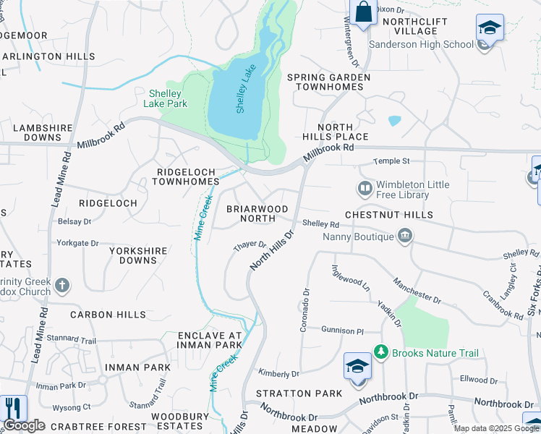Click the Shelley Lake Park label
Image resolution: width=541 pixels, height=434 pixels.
point(168,98)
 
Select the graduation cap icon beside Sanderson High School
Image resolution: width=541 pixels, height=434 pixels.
point(490,29)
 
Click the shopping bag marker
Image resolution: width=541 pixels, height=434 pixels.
point(362,12)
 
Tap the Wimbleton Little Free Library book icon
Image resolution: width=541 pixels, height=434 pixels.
point(366,190)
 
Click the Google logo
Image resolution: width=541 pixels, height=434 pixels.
point(24,425)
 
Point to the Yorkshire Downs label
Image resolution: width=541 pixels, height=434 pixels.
point(138,255)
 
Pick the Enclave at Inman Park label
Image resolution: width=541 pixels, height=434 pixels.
point(210,341)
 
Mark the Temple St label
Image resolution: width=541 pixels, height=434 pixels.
point(391,161)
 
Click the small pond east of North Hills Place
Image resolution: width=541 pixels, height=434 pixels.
point(394,121)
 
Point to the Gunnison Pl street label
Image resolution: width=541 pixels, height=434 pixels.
point(343,330)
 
